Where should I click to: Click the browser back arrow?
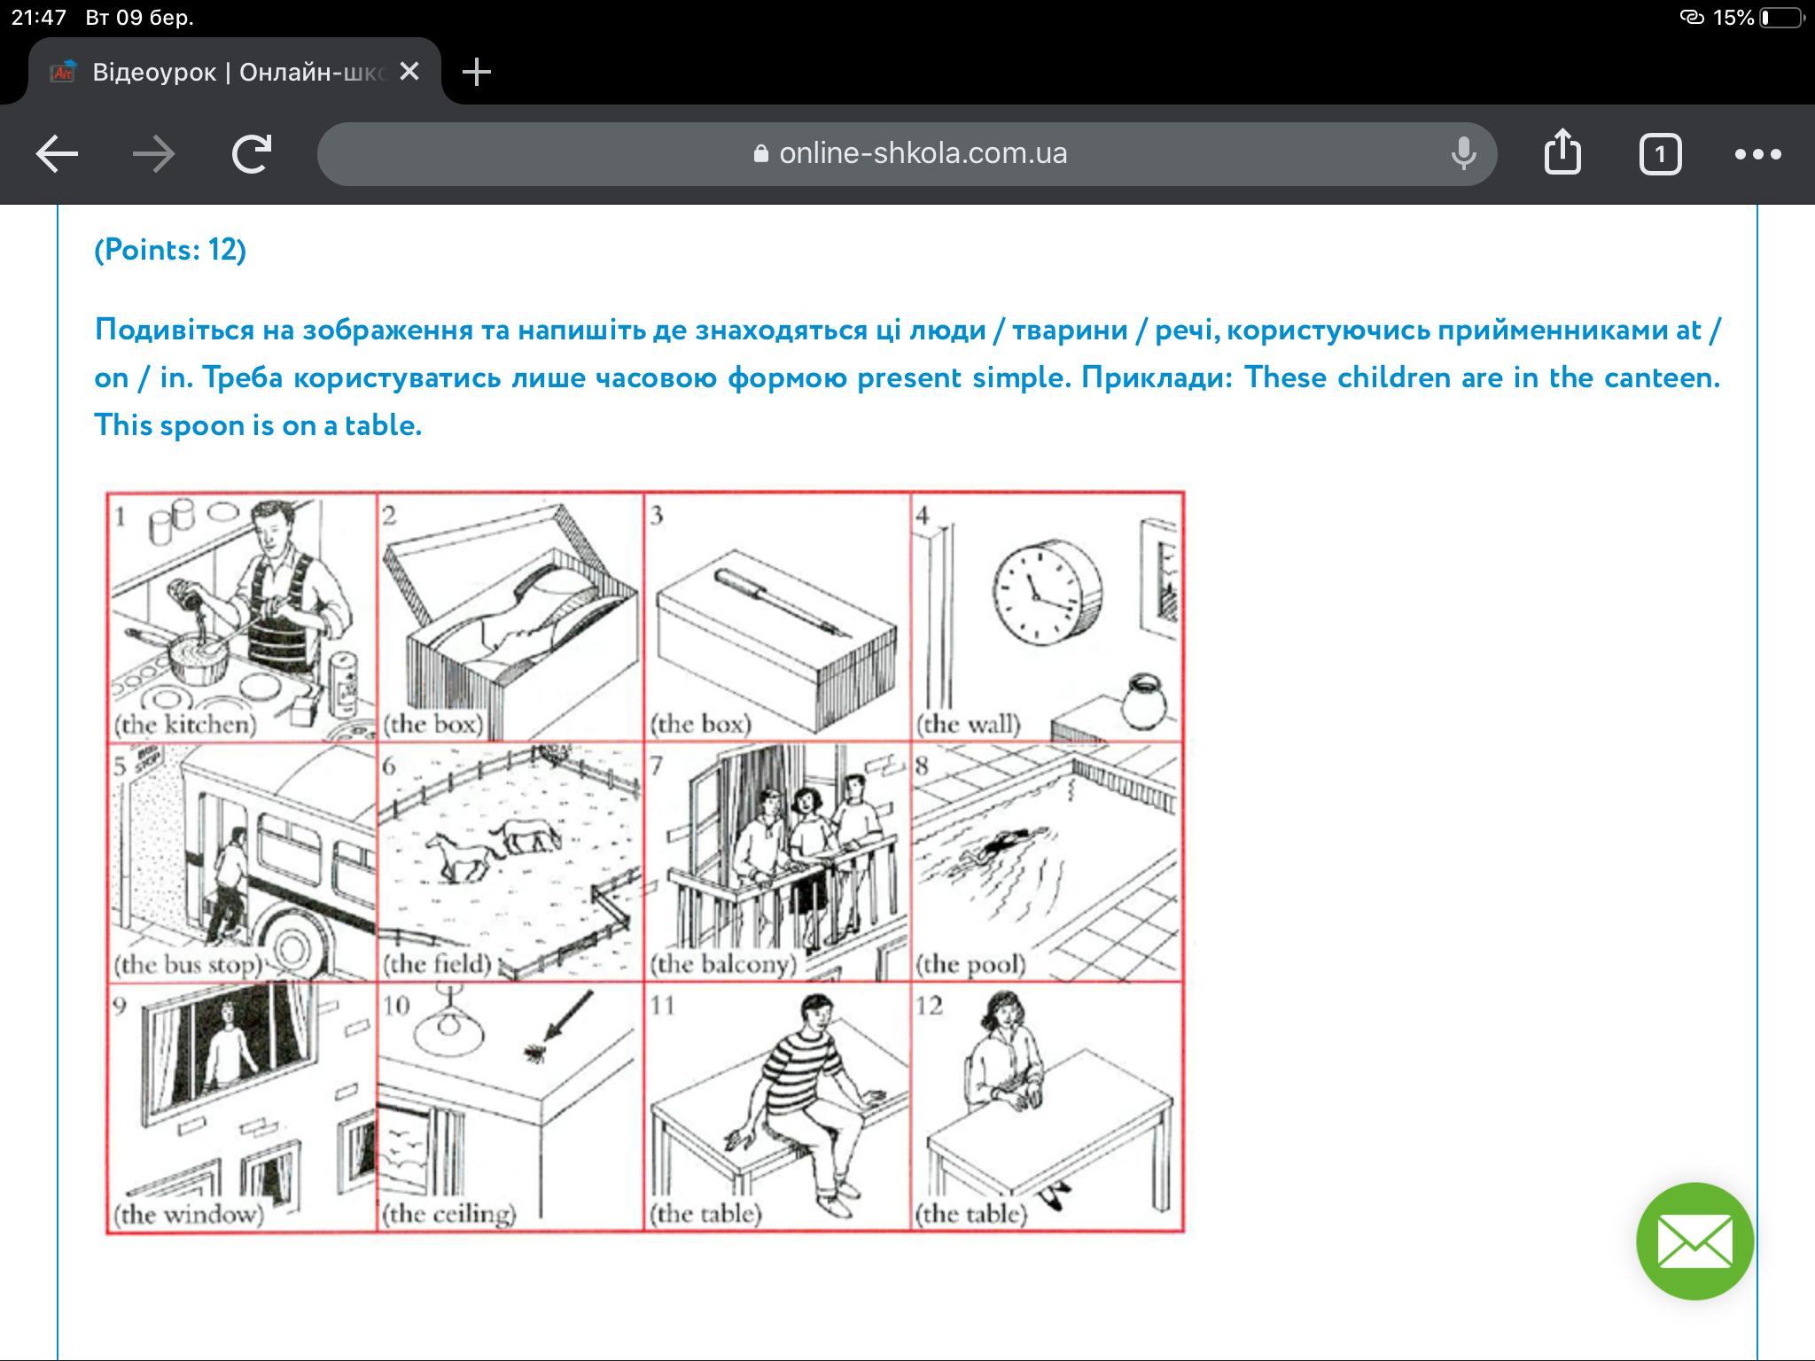click(57, 154)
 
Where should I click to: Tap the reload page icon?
click(252, 154)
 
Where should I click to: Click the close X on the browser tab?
click(409, 71)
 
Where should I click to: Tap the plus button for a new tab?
click(477, 72)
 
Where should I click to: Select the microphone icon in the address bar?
click(1463, 153)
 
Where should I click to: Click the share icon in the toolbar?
click(1562, 152)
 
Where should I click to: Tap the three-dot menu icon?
click(1758, 154)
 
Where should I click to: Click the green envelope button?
click(1694, 1240)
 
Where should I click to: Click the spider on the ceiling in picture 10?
click(534, 1052)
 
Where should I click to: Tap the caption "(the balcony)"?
click(723, 964)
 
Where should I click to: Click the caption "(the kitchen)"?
click(185, 725)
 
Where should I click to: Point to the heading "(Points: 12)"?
click(170, 250)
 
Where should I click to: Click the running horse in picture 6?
click(460, 855)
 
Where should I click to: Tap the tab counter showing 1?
click(1660, 154)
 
